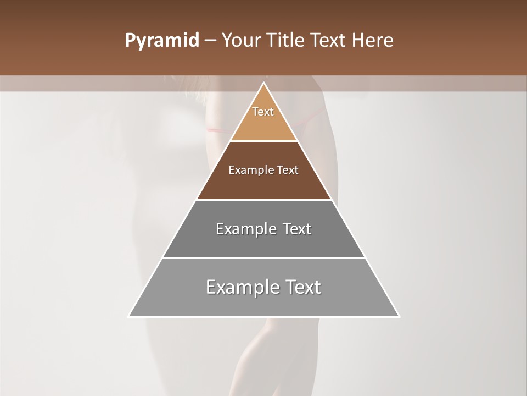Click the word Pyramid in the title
161,41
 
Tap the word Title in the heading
286,41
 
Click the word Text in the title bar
329,41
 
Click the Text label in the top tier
263,112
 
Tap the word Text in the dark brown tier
287,170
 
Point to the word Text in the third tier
297,229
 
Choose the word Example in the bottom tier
240,287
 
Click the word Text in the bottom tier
302,287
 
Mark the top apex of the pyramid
263,83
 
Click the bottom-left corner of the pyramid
130,316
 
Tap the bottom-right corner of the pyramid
399,316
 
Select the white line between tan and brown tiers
263,141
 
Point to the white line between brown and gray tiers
263,200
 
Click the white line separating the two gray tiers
263,258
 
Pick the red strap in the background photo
217,130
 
